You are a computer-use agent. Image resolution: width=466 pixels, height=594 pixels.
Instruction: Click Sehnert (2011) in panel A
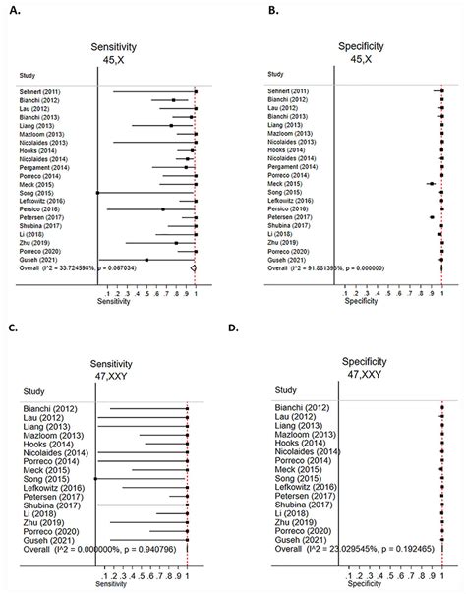43,91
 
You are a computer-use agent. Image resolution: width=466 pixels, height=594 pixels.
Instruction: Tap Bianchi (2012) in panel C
43,405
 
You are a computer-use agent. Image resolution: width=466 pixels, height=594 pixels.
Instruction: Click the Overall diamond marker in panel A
195,267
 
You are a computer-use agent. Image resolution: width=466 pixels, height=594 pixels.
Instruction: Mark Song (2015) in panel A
38,192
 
